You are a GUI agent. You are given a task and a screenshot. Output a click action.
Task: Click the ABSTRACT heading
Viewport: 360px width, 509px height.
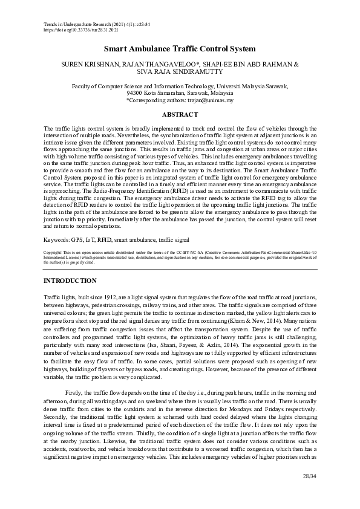[180, 114]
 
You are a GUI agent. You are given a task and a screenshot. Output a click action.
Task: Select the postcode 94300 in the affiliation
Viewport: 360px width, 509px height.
[136, 94]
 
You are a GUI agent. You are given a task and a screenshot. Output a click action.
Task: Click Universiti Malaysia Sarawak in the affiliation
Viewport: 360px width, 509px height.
[250, 86]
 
